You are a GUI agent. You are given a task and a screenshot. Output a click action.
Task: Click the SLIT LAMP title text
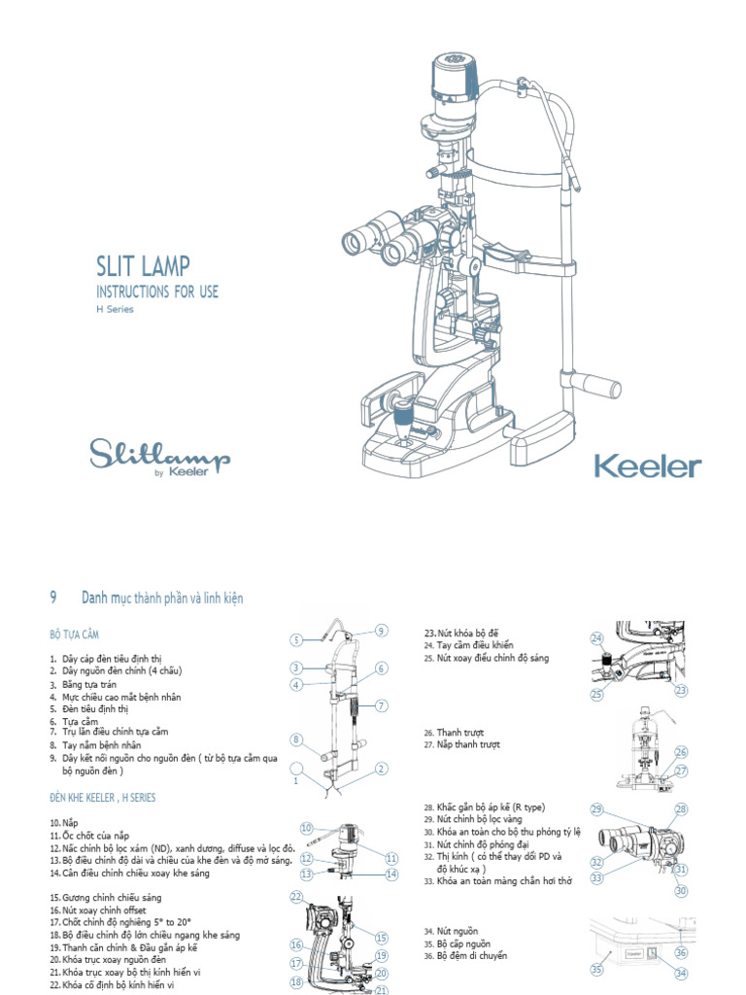click(x=143, y=266)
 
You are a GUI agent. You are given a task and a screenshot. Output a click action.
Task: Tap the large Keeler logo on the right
click(x=647, y=466)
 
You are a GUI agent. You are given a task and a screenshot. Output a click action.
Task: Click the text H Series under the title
click(x=115, y=310)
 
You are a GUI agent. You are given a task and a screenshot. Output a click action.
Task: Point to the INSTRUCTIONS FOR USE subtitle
click(x=157, y=292)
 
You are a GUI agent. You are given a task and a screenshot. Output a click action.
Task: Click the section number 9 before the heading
click(x=53, y=599)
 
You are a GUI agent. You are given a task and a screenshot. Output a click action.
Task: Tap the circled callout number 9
click(x=381, y=631)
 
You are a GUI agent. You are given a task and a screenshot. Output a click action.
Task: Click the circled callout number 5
click(x=297, y=639)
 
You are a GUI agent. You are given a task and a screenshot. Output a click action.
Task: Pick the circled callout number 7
click(x=382, y=705)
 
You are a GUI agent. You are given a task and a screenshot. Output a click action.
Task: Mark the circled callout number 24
click(x=597, y=637)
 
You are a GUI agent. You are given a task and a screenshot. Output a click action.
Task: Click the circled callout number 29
click(x=597, y=809)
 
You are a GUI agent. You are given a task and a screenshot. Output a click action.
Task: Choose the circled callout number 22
click(x=296, y=897)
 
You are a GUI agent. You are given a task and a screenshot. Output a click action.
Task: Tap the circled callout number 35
click(x=597, y=968)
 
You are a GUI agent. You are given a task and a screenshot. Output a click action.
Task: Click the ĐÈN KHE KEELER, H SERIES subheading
click(x=102, y=797)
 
